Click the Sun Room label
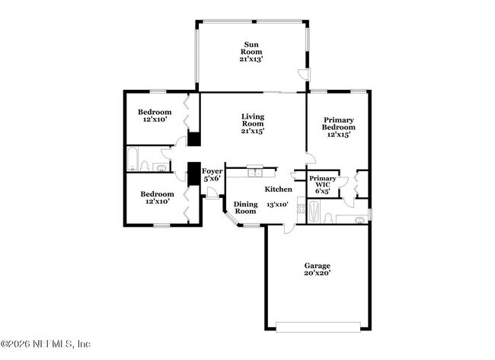(251, 50)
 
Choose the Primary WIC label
(322, 185)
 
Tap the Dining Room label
(245, 207)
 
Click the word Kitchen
(278, 189)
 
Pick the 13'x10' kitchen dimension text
(278, 205)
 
